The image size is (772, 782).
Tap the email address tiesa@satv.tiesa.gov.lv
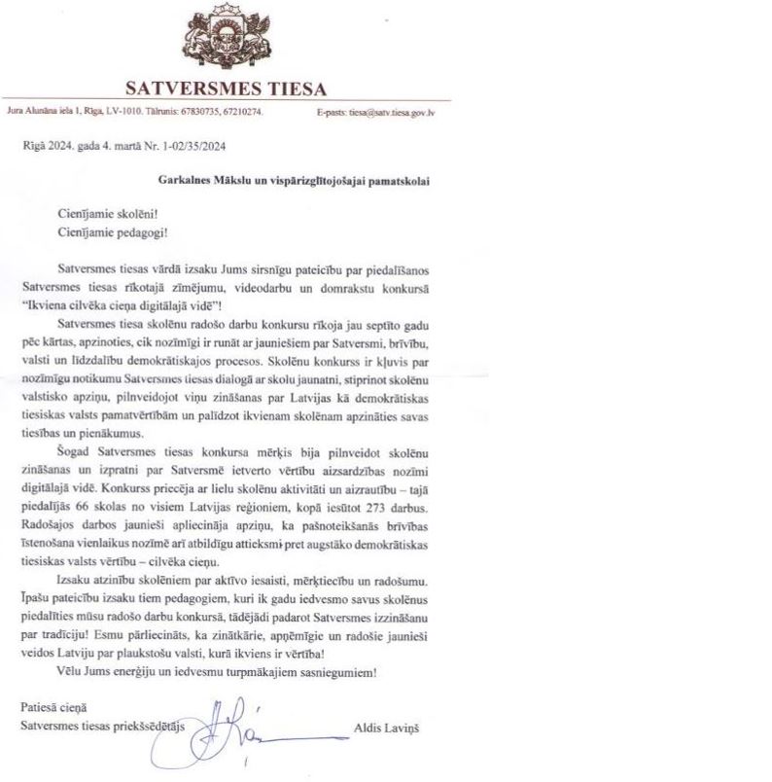(391, 112)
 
